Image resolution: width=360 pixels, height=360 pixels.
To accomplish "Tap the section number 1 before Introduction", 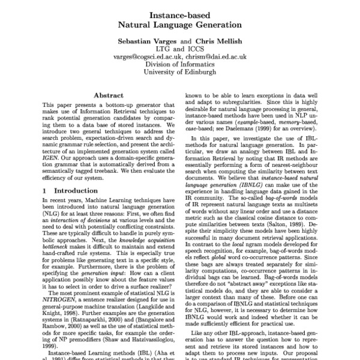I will [x=45, y=190].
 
